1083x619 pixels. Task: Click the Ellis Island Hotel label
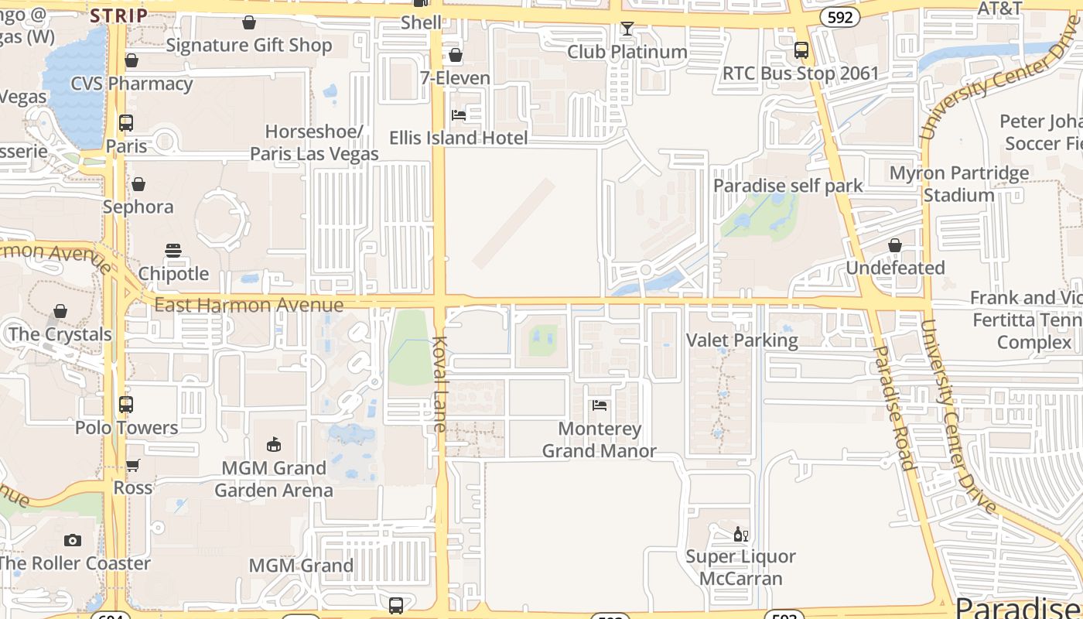click(458, 138)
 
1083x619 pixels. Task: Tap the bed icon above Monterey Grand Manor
click(599, 405)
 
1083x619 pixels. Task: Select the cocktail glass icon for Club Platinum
click(627, 29)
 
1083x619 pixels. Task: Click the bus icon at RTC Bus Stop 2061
click(801, 50)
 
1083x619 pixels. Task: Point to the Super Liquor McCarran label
click(741, 567)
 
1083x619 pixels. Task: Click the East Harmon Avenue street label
click(248, 305)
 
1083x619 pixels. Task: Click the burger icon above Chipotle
click(173, 250)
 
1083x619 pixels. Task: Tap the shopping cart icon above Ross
click(133, 465)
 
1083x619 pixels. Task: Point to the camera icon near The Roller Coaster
click(73, 540)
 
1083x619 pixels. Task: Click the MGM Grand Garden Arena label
click(274, 479)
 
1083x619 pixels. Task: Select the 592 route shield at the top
click(840, 16)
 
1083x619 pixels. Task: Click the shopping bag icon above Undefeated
click(895, 245)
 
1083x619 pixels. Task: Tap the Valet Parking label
click(742, 340)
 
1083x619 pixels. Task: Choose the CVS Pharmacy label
click(132, 84)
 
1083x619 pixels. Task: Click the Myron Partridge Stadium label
click(959, 183)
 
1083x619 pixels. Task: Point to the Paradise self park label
click(787, 186)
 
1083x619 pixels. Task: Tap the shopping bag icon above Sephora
click(138, 184)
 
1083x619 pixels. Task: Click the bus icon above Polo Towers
click(126, 404)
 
